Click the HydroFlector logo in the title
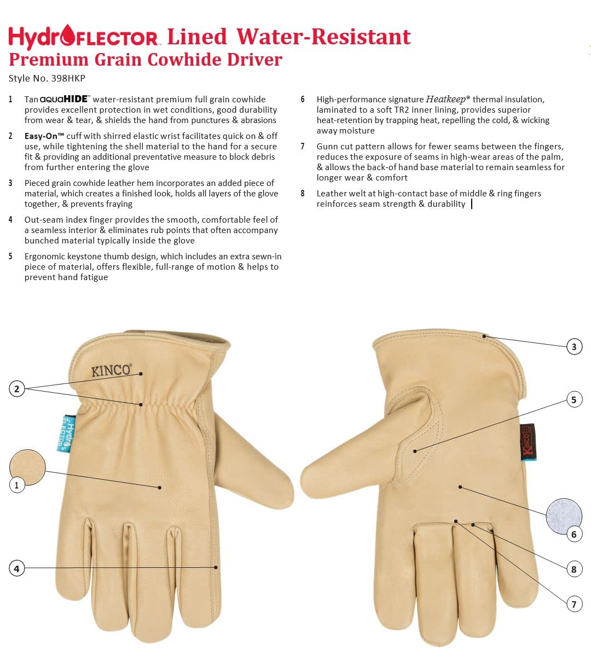[x=83, y=37]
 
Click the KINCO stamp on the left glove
[x=111, y=370]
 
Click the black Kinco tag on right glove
[x=528, y=441]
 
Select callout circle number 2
[x=17, y=389]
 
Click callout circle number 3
[x=574, y=346]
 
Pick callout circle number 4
[x=17, y=568]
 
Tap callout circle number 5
[x=574, y=400]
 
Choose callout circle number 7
[x=574, y=604]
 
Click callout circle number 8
[x=574, y=569]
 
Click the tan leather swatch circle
[x=27, y=467]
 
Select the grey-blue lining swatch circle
[x=564, y=516]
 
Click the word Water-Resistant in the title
[x=323, y=37]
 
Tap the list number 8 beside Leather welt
[x=303, y=193]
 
